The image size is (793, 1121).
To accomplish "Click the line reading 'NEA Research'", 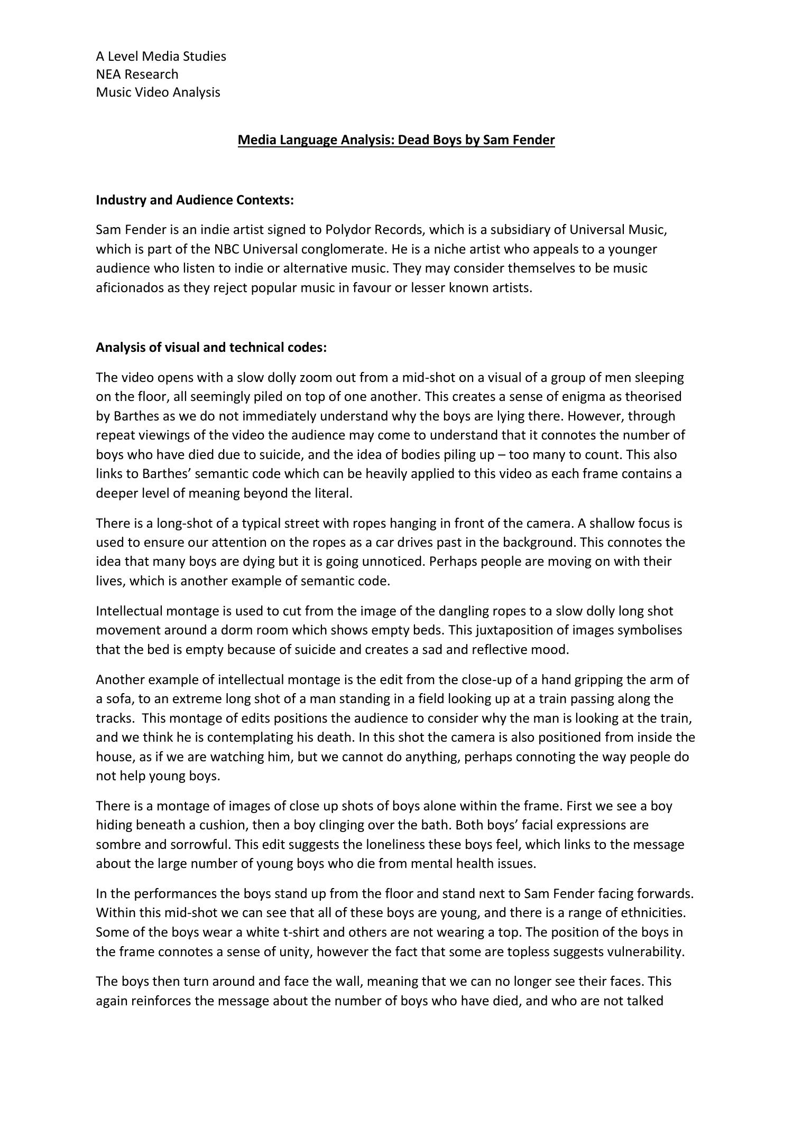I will click(x=137, y=74).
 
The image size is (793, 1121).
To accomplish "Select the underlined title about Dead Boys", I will click(x=396, y=140).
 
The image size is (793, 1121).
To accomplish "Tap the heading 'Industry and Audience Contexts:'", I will click(x=195, y=200).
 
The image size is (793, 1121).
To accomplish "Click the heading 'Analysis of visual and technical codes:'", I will click(x=211, y=348).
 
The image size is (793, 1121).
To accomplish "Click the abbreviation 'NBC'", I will click(x=227, y=249).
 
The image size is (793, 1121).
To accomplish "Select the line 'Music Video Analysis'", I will click(x=158, y=92).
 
